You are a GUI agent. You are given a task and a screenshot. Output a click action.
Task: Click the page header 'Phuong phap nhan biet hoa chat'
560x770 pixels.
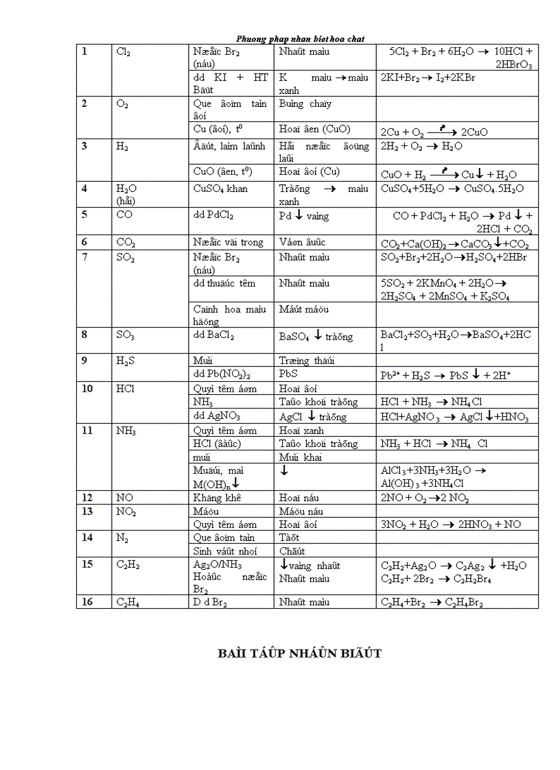click(300, 39)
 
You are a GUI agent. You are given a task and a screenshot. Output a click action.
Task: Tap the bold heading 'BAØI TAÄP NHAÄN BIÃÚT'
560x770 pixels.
click(299, 653)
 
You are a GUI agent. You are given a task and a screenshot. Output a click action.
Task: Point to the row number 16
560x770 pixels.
click(86, 602)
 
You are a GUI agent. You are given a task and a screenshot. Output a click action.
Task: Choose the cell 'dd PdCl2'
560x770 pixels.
click(213, 215)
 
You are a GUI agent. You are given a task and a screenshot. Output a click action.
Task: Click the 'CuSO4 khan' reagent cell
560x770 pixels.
click(220, 189)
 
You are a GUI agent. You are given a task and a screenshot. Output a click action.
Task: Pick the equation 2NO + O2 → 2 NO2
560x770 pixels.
click(434, 498)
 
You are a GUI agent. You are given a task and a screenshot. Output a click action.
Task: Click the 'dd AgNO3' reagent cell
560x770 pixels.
click(216, 416)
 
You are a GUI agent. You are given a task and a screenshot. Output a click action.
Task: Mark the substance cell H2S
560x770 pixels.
click(125, 361)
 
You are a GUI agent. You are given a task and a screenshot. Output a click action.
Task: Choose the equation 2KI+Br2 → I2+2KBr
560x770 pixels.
click(428, 78)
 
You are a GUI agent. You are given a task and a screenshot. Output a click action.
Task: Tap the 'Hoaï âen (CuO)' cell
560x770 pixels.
click(314, 129)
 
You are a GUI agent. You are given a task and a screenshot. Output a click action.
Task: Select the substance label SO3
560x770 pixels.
click(126, 335)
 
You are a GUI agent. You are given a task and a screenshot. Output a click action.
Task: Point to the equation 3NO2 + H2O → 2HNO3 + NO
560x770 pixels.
click(451, 525)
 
